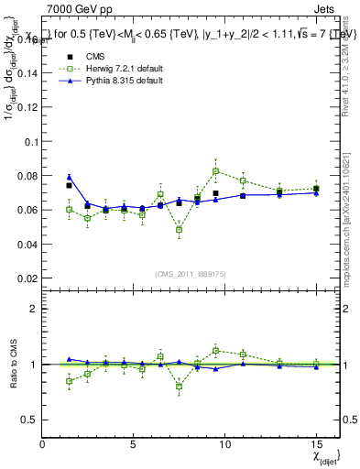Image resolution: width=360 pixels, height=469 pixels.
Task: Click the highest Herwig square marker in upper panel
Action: tap(215, 171)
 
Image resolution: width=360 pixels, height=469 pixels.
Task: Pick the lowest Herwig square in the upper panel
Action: tap(179, 229)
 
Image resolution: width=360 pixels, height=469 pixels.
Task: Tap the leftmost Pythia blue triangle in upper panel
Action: tap(69, 178)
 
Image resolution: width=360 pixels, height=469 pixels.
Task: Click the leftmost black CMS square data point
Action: tap(69, 186)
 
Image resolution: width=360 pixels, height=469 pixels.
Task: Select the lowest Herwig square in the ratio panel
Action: tap(179, 387)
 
